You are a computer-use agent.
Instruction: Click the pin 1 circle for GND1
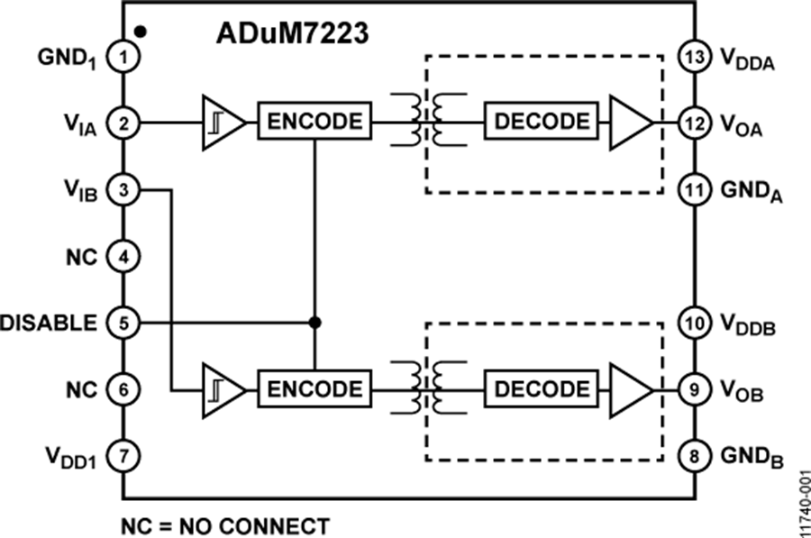click(x=122, y=57)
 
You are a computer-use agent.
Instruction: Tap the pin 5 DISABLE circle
click(x=122, y=322)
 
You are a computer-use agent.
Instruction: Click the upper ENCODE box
click(x=314, y=122)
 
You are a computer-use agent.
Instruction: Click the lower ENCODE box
click(x=314, y=388)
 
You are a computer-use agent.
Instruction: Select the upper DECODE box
click(x=542, y=122)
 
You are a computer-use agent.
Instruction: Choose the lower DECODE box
click(x=542, y=388)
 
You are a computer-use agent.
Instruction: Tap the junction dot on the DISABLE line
click(x=314, y=322)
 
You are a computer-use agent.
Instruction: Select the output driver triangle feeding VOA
click(x=629, y=122)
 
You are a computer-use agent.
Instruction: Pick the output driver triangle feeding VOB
click(x=629, y=388)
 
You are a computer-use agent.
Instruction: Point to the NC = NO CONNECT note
click(x=225, y=524)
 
